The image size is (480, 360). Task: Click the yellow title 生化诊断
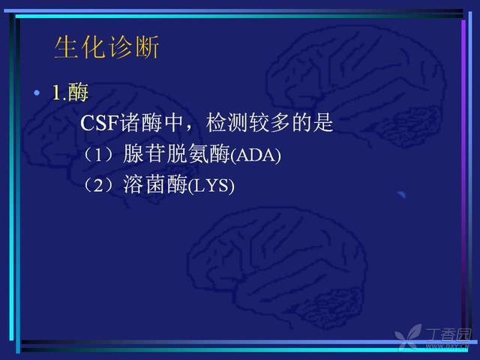tap(106, 46)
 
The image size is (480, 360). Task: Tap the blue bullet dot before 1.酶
tap(37, 92)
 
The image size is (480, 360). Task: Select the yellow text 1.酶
tap(70, 92)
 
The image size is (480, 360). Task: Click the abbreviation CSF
tap(100, 123)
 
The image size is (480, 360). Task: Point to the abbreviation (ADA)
tap(255, 155)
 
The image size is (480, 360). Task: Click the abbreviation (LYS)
tap(211, 186)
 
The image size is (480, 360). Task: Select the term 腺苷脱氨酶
tap(176, 154)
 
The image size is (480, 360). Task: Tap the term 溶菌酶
tap(155, 184)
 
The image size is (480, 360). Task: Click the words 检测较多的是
tap(270, 123)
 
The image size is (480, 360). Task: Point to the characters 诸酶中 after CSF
tap(151, 123)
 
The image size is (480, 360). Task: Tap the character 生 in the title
tap(66, 46)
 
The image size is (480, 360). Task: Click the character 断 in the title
tap(147, 46)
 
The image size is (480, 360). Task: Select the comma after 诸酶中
tap(188, 129)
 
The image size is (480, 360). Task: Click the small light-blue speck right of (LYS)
tap(402, 194)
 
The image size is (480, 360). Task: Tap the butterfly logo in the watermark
tap(408, 337)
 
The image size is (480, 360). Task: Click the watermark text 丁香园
tap(448, 334)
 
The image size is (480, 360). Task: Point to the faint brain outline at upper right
tap(355, 85)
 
